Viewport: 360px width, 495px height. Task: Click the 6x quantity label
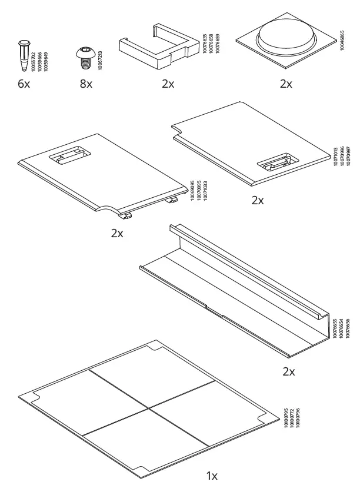tap(24, 84)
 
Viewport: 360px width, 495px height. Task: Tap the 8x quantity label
tap(86, 84)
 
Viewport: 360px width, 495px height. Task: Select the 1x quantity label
tap(212, 476)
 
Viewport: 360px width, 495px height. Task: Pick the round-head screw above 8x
tap(85, 58)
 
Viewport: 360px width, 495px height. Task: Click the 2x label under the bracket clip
tap(168, 84)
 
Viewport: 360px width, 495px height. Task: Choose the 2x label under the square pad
tap(285, 84)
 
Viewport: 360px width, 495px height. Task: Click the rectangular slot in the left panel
tap(69, 156)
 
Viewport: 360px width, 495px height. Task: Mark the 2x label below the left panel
tap(117, 233)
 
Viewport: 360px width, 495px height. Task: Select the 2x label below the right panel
tap(258, 200)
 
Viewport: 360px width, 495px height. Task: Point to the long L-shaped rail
tap(235, 288)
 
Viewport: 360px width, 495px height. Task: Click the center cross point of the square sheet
tap(150, 404)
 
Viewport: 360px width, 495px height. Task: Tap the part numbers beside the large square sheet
tap(291, 421)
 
